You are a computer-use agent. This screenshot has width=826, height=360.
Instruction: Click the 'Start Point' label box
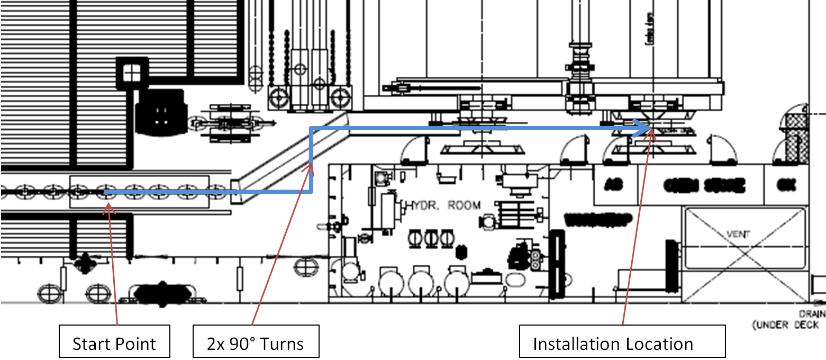tap(114, 344)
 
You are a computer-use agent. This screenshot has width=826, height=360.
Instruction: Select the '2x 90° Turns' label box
tap(256, 344)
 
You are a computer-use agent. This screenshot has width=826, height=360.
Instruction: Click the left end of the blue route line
tap(105, 192)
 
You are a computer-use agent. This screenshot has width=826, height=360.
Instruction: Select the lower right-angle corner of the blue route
tap(312, 191)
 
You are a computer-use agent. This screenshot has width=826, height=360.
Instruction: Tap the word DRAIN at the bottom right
tap(815, 314)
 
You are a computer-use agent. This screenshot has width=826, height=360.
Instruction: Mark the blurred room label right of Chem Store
tap(783, 185)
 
